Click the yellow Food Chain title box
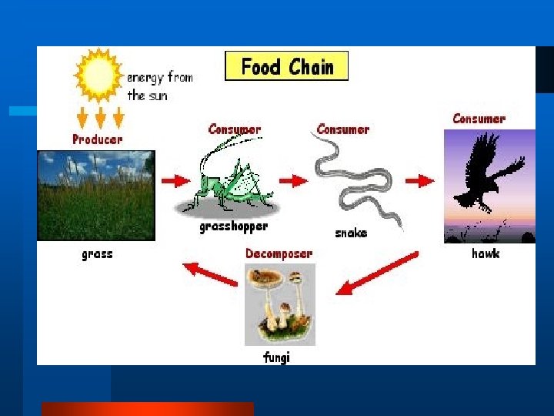click(x=286, y=66)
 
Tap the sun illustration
click(x=98, y=75)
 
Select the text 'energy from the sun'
click(x=159, y=86)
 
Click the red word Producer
click(x=97, y=139)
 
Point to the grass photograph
click(x=95, y=196)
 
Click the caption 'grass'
click(x=97, y=253)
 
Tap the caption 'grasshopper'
click(x=233, y=227)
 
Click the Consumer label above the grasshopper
click(x=235, y=129)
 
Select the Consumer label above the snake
click(x=342, y=129)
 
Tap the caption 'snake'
click(x=351, y=233)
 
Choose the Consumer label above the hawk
click(x=479, y=119)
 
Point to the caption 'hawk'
click(x=486, y=253)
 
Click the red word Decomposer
click(x=279, y=253)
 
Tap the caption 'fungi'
click(x=277, y=357)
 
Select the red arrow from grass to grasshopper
click(x=175, y=181)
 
